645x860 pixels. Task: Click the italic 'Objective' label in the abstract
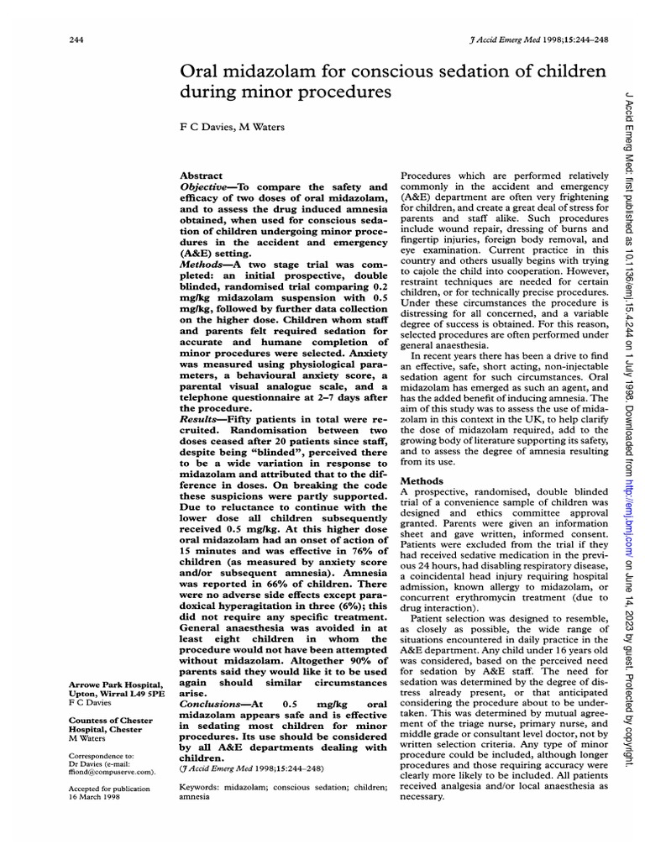[x=207, y=186]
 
